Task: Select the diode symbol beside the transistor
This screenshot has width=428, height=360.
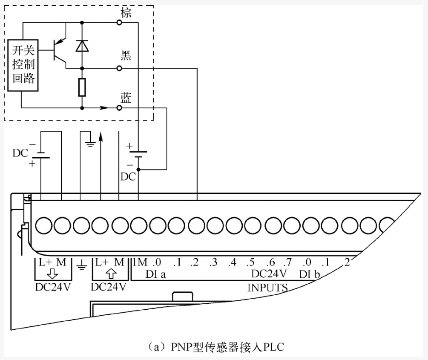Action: click(82, 45)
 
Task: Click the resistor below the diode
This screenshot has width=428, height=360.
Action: click(82, 87)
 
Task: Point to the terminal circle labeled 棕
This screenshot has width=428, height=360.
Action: click(120, 23)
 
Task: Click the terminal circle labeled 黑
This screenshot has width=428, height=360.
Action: click(120, 68)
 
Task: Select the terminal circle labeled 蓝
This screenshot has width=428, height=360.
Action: click(120, 108)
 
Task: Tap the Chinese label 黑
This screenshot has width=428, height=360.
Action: click(126, 55)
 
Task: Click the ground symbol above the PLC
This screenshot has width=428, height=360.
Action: click(89, 143)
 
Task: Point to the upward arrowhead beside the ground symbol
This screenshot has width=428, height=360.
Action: click(101, 135)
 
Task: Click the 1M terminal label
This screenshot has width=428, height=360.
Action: click(140, 262)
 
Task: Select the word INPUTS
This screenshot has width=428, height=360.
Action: click(267, 288)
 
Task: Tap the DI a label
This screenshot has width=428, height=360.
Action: click(155, 274)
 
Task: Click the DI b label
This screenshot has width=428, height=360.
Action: click(310, 274)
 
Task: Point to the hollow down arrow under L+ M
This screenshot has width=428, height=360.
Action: click(53, 273)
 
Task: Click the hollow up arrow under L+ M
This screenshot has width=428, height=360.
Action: click(109, 273)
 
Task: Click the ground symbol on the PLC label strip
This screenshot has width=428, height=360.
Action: click(81, 267)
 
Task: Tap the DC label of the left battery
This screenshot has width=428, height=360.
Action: click(20, 153)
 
